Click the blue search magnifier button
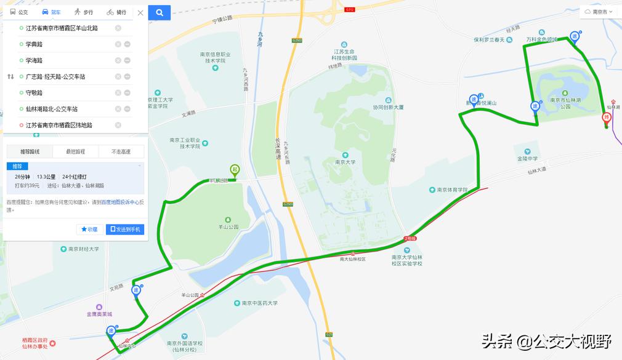[160, 12]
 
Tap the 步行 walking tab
[84, 12]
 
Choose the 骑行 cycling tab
[116, 12]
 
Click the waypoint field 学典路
[68, 44]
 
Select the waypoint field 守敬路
[68, 93]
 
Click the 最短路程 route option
[75, 151]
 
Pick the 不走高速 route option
[121, 151]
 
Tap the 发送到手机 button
[125, 230]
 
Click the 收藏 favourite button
[90, 230]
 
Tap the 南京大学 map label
[345, 162]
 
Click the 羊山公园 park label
[228, 226]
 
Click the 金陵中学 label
[527, 158]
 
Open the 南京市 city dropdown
[599, 12]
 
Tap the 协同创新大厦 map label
[388, 107]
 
